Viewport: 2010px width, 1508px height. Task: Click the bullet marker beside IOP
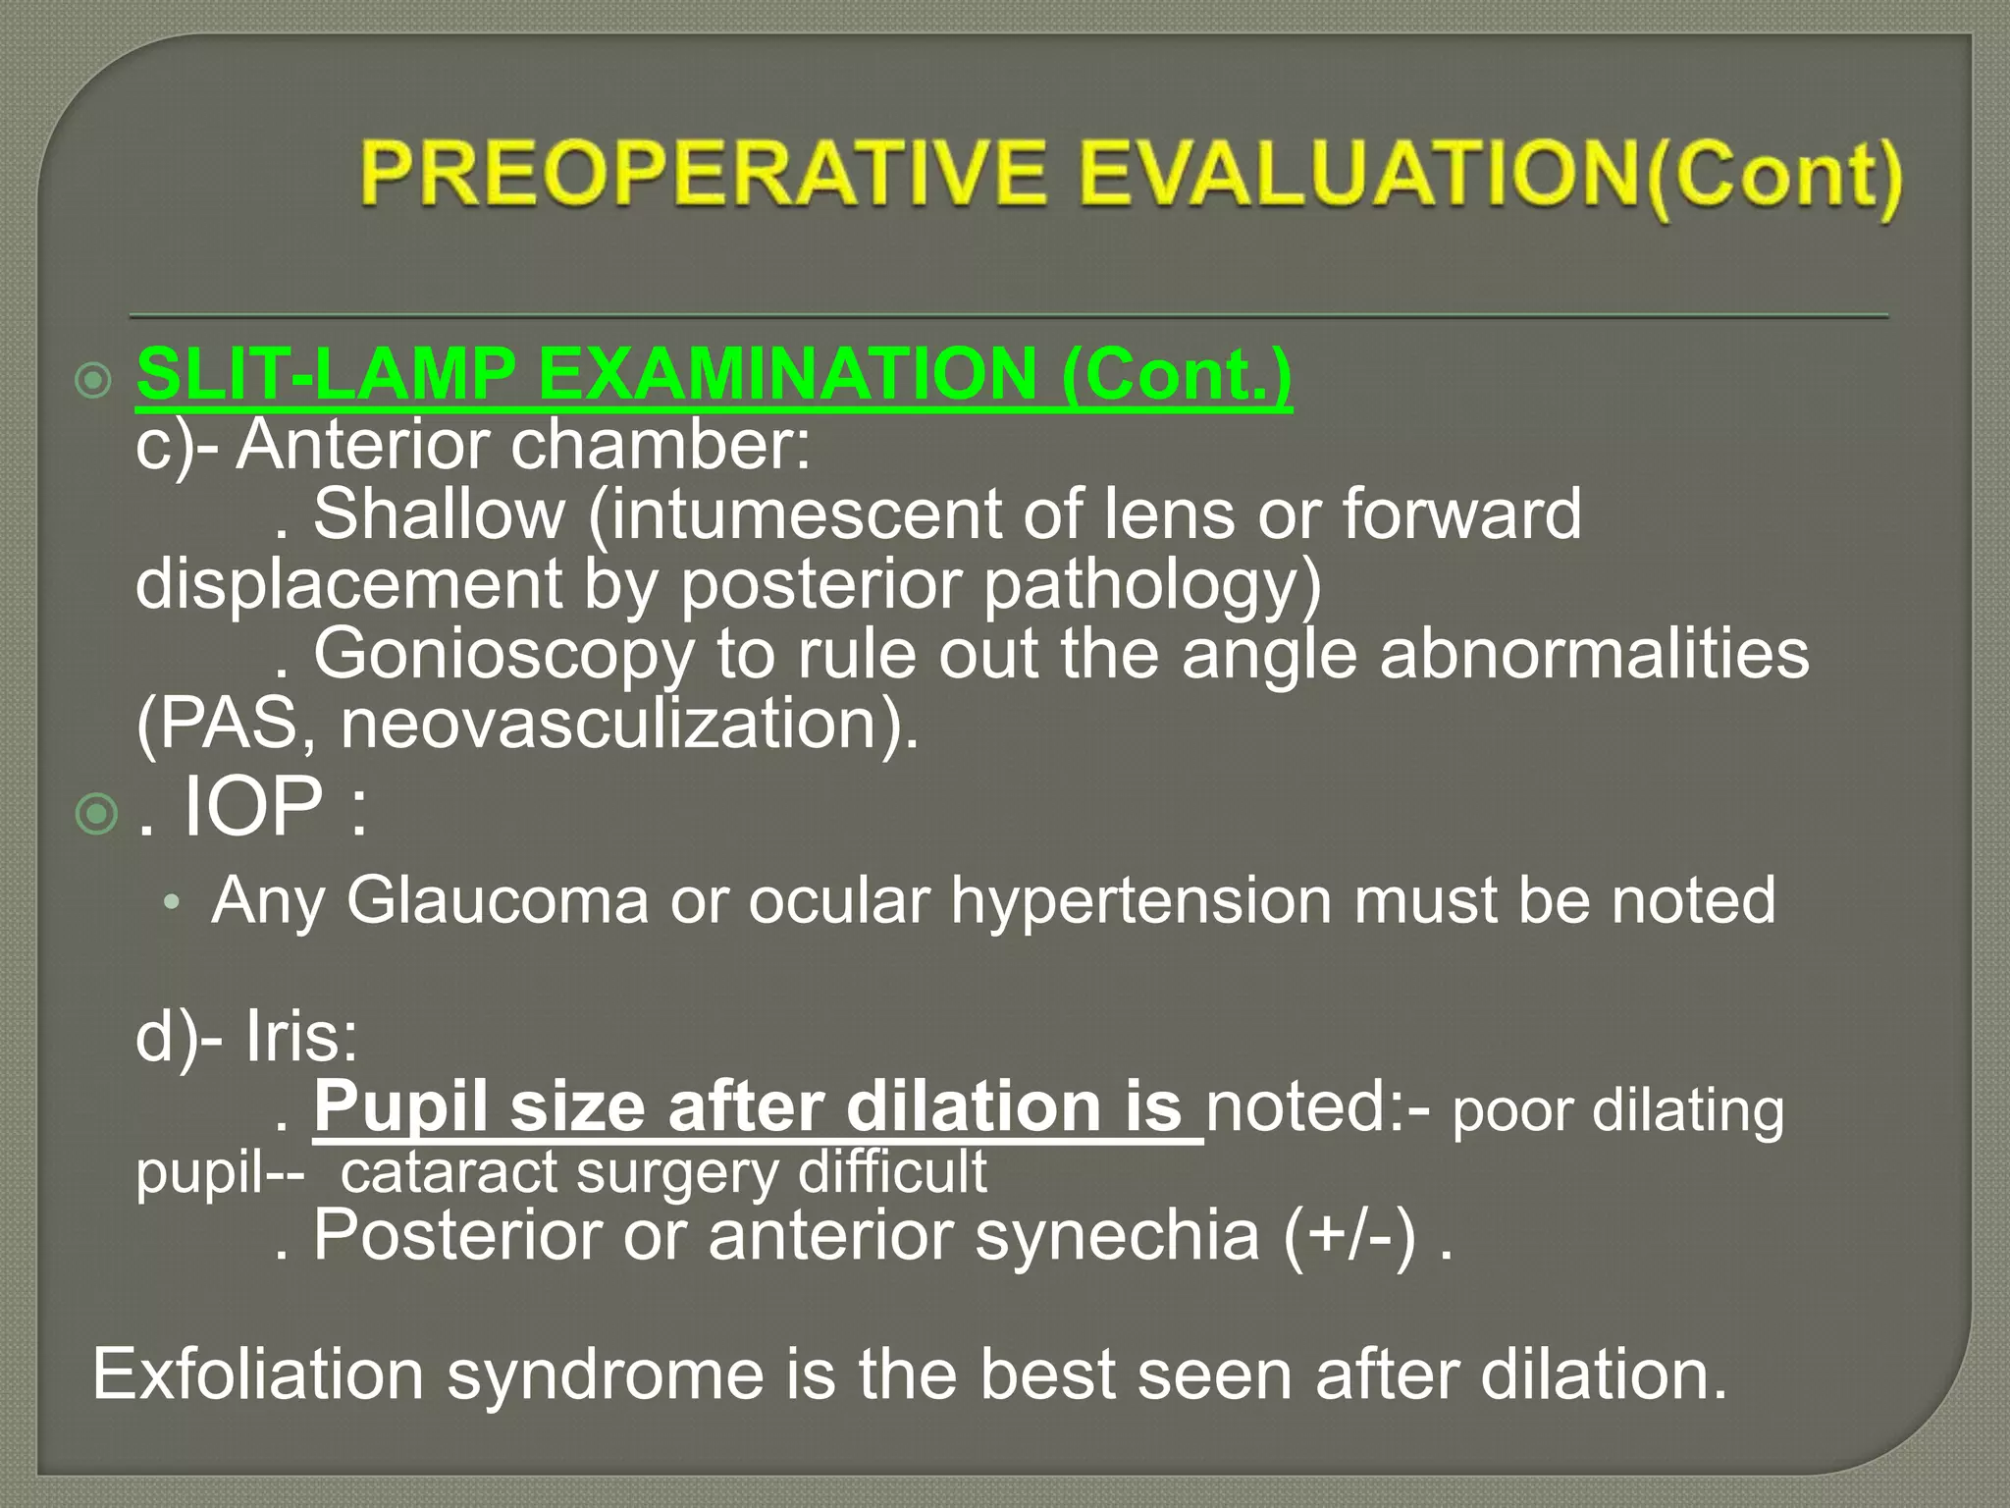pos(96,814)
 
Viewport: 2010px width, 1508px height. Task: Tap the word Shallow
pos(439,514)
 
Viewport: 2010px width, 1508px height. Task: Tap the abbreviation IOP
pos(253,807)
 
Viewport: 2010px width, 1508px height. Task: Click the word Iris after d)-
pos(301,1037)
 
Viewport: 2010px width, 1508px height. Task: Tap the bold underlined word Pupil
pos(400,1107)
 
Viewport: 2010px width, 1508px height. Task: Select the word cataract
pos(448,1172)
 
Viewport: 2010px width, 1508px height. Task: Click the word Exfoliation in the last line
pos(257,1373)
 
